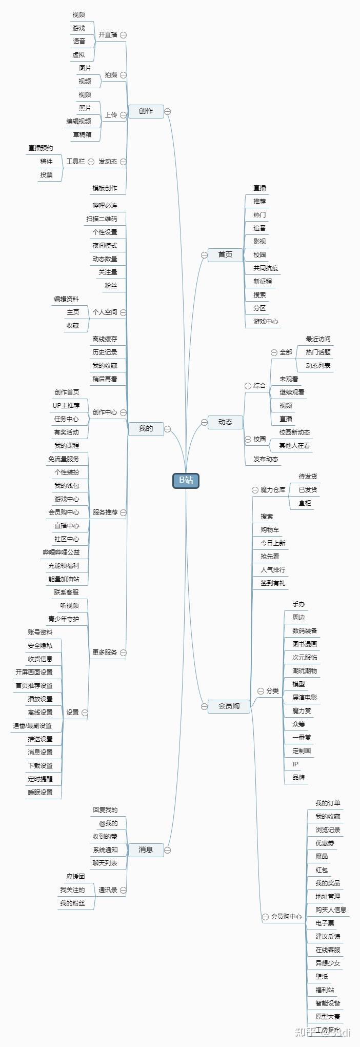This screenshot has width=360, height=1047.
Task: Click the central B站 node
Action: click(x=186, y=480)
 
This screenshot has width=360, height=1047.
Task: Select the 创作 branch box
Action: click(x=146, y=111)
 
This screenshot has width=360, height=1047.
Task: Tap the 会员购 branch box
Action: click(x=229, y=706)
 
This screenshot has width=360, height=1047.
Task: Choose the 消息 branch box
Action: click(x=146, y=850)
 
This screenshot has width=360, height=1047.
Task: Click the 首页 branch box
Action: click(x=225, y=254)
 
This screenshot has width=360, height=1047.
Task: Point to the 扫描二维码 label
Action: click(x=102, y=219)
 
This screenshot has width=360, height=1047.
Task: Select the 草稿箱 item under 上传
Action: click(x=82, y=135)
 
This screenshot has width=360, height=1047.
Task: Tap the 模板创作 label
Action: click(x=105, y=188)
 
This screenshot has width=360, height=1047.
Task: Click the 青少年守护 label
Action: click(x=64, y=619)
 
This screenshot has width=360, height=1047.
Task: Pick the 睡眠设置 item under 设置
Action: click(x=40, y=792)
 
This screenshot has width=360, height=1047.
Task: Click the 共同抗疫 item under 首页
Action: click(x=266, y=268)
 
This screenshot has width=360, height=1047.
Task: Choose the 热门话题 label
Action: click(x=318, y=352)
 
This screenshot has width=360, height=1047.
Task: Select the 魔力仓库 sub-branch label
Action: click(x=273, y=490)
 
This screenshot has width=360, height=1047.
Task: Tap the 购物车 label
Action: click(x=270, y=529)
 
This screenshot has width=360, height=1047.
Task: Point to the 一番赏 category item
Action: click(x=302, y=737)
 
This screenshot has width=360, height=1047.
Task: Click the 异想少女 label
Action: click(x=328, y=963)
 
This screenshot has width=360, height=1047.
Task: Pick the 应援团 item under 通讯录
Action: click(x=75, y=876)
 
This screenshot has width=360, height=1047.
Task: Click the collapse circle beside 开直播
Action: click(x=123, y=35)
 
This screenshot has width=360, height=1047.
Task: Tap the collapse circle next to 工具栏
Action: click(x=91, y=162)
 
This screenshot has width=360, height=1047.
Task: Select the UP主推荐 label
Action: click(x=66, y=405)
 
